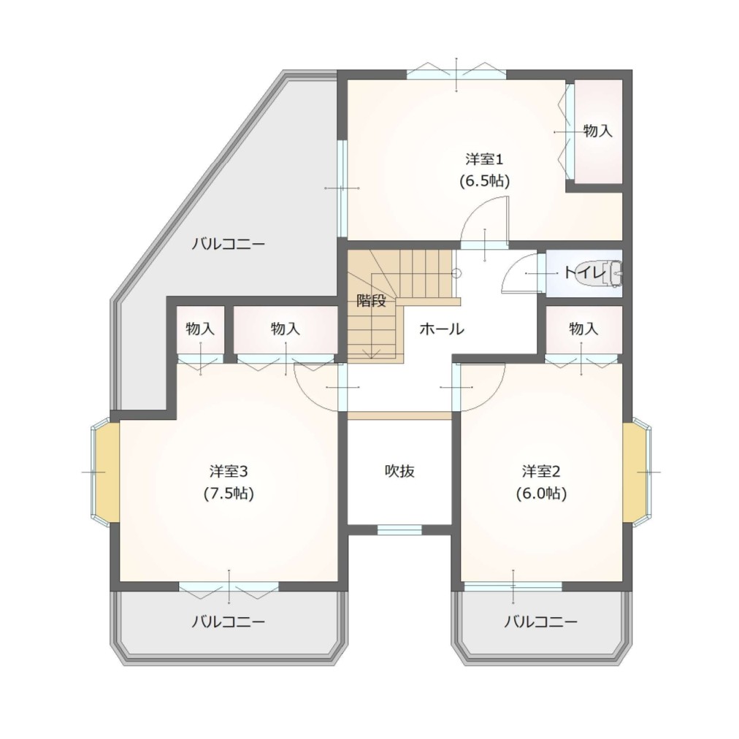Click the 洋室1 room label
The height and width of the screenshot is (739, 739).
tap(484, 159)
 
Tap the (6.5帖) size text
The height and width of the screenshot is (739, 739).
tap(484, 181)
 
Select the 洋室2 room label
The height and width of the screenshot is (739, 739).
tap(541, 471)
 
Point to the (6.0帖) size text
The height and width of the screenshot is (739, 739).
tap(541, 493)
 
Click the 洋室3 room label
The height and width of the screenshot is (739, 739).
tap(229, 471)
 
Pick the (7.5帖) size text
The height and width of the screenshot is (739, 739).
tap(229, 493)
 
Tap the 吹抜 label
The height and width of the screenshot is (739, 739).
tap(399, 471)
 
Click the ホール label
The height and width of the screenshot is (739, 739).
tap(442, 329)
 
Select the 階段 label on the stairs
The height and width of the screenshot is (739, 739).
tap(371, 300)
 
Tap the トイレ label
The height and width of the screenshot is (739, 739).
tap(584, 272)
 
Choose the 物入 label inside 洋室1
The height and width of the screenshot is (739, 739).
tap(598, 131)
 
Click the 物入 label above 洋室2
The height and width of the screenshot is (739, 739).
tap(583, 329)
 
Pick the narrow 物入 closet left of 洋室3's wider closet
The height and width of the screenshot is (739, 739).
tap(200, 329)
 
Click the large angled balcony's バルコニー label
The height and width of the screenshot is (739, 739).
tap(228, 244)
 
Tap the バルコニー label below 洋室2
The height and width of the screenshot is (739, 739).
tap(541, 621)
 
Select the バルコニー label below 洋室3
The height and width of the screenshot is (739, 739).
tap(228, 621)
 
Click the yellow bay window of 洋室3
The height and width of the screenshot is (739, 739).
tap(107, 471)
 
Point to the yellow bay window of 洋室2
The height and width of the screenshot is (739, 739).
tap(636, 471)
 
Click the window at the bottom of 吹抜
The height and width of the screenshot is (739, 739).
tap(399, 530)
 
